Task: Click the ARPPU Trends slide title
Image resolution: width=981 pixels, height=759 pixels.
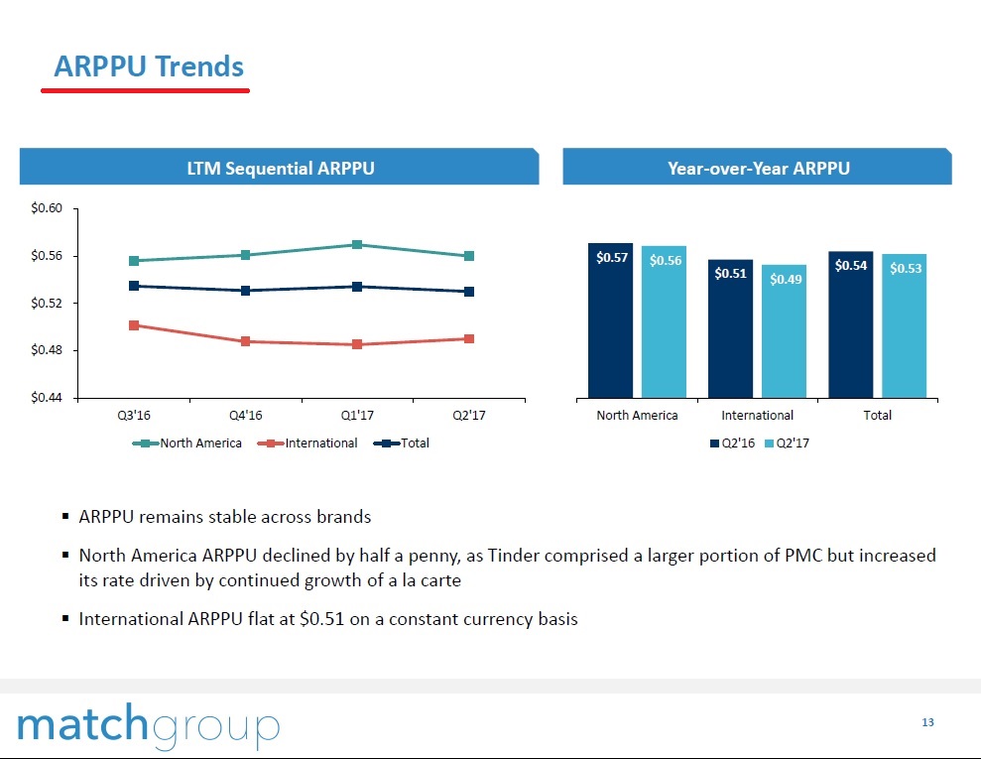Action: click(x=149, y=66)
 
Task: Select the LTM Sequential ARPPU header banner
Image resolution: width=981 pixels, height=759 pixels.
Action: click(x=280, y=168)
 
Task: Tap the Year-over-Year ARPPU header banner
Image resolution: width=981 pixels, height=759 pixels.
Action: click(x=758, y=168)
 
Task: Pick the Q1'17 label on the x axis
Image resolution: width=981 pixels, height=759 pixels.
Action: click(x=356, y=416)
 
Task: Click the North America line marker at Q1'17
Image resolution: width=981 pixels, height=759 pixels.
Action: click(x=356, y=245)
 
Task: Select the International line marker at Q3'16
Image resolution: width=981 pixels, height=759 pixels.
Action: click(x=134, y=325)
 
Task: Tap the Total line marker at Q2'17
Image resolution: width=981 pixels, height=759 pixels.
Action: click(x=469, y=292)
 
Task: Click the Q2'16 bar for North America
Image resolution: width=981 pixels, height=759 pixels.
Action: click(x=610, y=319)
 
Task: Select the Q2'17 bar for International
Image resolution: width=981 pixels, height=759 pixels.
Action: click(x=784, y=330)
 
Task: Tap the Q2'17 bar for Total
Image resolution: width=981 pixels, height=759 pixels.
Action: click(x=905, y=325)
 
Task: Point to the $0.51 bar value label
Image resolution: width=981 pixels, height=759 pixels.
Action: click(x=731, y=274)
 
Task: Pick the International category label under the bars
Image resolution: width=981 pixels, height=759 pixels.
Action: click(x=757, y=415)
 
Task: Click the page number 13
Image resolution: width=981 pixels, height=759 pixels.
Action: click(x=927, y=722)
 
